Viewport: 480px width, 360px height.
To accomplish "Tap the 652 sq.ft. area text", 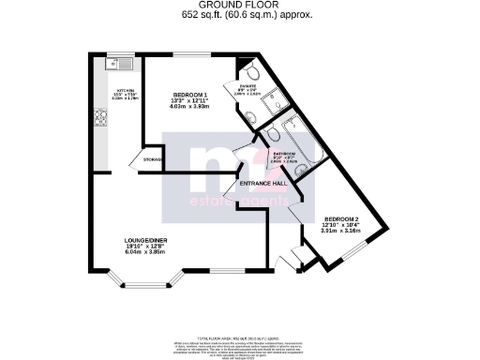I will click(x=239, y=16).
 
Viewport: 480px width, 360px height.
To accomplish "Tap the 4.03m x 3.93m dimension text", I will click(x=192, y=106).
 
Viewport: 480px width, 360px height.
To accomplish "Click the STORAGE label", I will click(x=153, y=160).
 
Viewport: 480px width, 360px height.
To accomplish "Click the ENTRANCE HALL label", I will click(x=267, y=184).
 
